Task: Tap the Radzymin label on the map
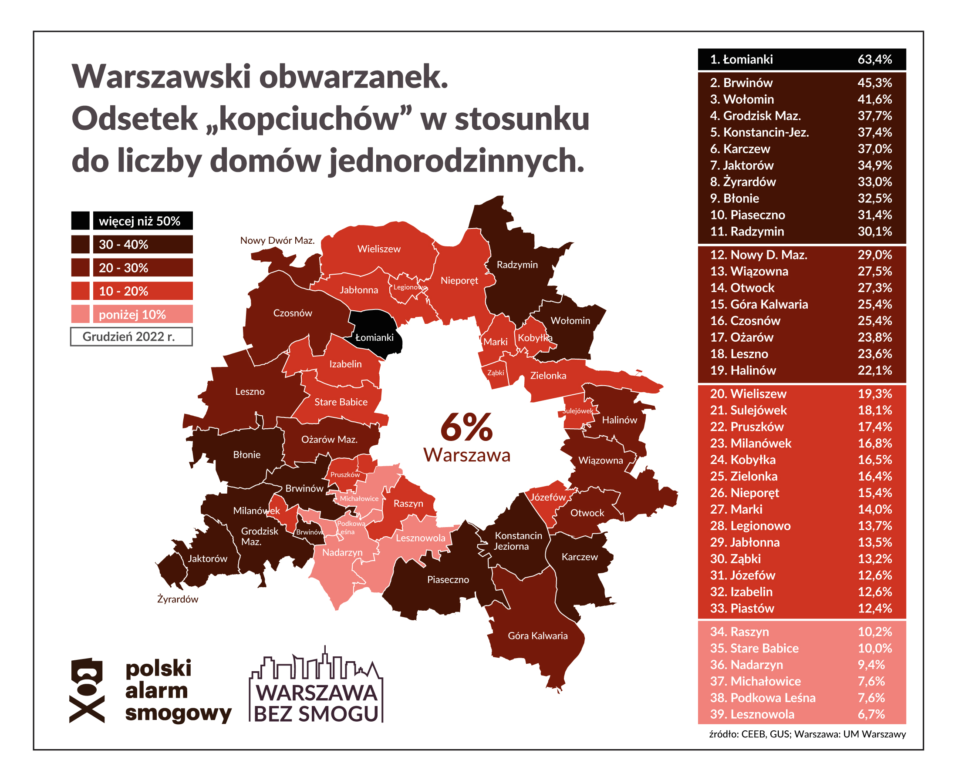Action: point(516,265)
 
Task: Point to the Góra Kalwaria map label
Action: point(537,635)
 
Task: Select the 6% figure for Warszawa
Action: point(466,427)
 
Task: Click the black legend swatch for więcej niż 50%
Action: point(80,221)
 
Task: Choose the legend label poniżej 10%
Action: point(132,315)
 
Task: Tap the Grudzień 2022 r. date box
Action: point(131,336)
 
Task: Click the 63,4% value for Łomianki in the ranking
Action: point(874,59)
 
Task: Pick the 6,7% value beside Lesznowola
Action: point(871,714)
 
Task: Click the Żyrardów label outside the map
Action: point(178,599)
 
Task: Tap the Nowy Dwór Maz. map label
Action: point(277,240)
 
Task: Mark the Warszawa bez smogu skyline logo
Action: point(316,685)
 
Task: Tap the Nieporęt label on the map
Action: point(459,280)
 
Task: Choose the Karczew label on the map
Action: point(580,557)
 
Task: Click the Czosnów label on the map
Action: point(292,313)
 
